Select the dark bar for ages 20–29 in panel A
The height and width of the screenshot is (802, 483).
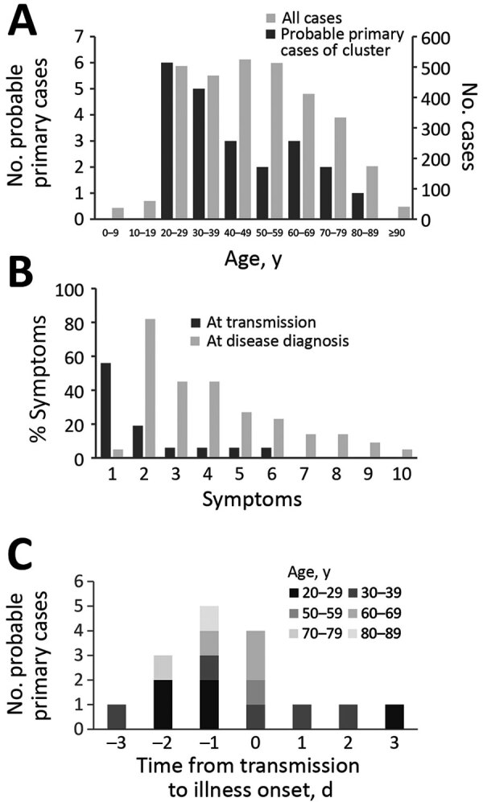[167, 141]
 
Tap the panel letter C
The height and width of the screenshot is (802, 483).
[25, 551]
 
